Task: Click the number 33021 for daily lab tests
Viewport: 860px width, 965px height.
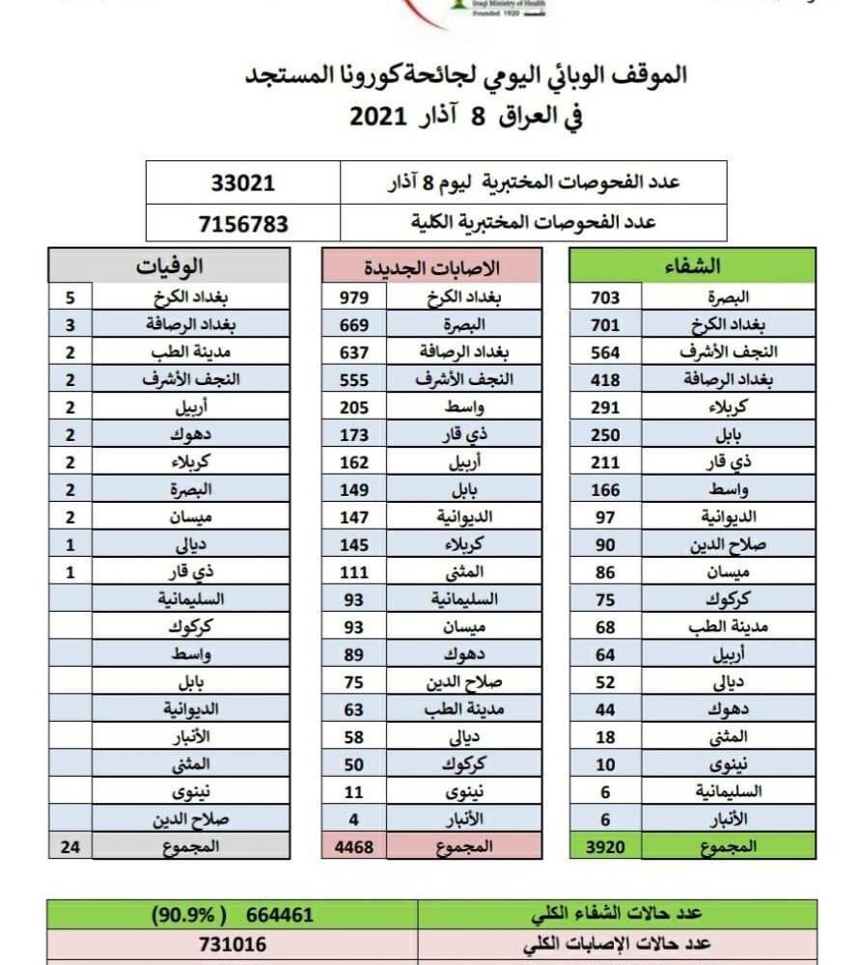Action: pyautogui.click(x=243, y=182)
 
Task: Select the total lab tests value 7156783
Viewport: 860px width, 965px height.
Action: pyautogui.click(x=243, y=223)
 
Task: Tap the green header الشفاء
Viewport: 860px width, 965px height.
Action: pyautogui.click(x=693, y=265)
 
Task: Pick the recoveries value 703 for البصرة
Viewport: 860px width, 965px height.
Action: pyautogui.click(x=605, y=298)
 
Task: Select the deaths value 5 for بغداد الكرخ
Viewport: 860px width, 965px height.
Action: pyautogui.click(x=70, y=298)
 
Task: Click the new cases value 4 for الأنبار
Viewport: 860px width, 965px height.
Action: pyautogui.click(x=354, y=820)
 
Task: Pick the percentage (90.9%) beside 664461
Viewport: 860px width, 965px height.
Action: pyautogui.click(x=180, y=914)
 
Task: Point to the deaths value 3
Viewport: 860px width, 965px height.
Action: pyautogui.click(x=70, y=325)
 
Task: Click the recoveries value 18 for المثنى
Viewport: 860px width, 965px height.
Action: pyautogui.click(x=605, y=737)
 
